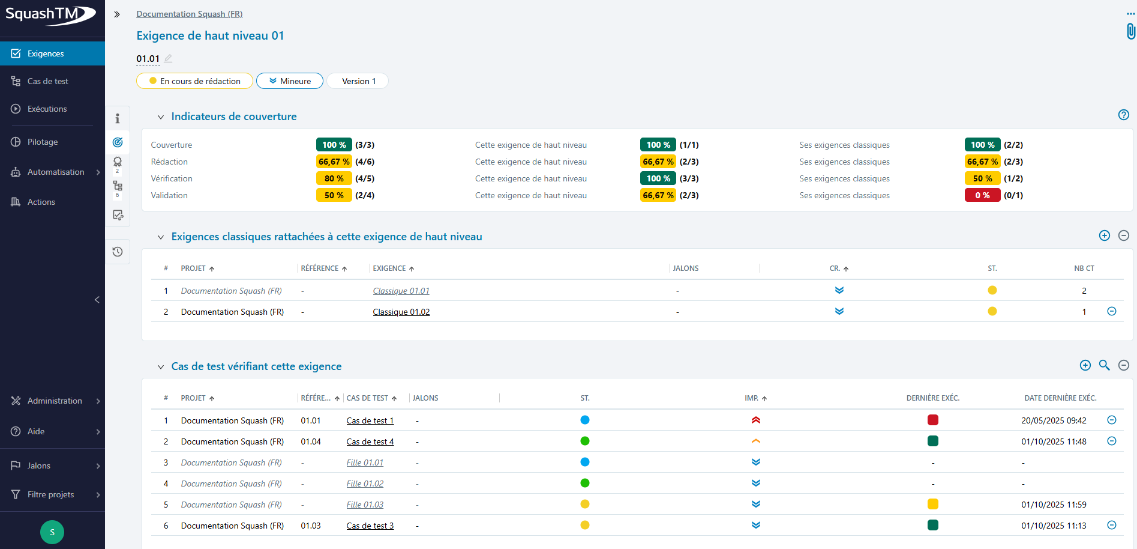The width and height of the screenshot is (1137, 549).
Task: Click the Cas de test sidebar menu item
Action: pyautogui.click(x=47, y=81)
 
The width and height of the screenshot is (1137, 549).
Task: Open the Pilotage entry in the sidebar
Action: pyautogui.click(x=42, y=142)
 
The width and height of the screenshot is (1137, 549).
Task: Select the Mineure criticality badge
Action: pyautogui.click(x=290, y=81)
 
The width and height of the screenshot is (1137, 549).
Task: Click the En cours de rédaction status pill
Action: pyautogui.click(x=194, y=81)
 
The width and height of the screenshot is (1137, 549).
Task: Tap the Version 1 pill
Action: pyautogui.click(x=358, y=81)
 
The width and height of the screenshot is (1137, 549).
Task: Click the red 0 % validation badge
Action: pyautogui.click(x=982, y=195)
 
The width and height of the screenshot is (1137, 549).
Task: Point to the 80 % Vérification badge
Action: pyautogui.click(x=334, y=178)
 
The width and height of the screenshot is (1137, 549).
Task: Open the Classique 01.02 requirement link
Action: pyautogui.click(x=401, y=312)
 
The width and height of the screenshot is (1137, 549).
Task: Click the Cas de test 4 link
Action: pyautogui.click(x=370, y=441)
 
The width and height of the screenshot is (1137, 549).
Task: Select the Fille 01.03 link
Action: pyautogui.click(x=365, y=505)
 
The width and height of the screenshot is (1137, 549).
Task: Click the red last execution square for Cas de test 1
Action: pyautogui.click(x=932, y=420)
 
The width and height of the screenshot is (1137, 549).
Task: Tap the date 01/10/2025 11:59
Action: pyautogui.click(x=1054, y=505)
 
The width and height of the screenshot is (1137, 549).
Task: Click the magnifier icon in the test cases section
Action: pyautogui.click(x=1104, y=365)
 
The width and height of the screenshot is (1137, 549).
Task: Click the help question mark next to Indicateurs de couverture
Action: pyautogui.click(x=1123, y=115)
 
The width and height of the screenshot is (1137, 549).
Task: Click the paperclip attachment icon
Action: pyautogui.click(x=1130, y=31)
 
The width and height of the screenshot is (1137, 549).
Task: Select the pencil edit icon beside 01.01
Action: pyautogui.click(x=169, y=58)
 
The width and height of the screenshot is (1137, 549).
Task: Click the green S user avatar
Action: pyautogui.click(x=52, y=532)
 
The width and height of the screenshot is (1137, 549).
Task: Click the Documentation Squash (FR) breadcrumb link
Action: pyautogui.click(x=189, y=14)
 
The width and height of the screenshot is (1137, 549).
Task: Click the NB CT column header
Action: pyautogui.click(x=1084, y=268)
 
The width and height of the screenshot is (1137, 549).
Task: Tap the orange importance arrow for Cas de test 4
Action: pyautogui.click(x=755, y=441)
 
